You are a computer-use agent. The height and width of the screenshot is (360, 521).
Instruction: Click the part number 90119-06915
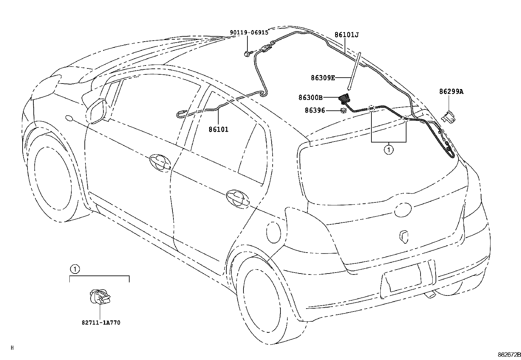pyautogui.click(x=249, y=32)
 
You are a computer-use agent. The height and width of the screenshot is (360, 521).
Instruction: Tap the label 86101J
pyautogui.click(x=347, y=35)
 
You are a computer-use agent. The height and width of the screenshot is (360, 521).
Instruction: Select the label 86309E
pyautogui.click(x=323, y=78)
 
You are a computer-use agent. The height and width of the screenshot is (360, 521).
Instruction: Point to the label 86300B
pyautogui.click(x=311, y=97)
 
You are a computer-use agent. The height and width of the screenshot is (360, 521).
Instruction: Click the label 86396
pyautogui.click(x=315, y=110)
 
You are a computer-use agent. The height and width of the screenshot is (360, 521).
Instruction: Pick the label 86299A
pyautogui.click(x=451, y=91)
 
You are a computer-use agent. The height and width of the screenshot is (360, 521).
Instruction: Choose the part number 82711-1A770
pyautogui.click(x=101, y=323)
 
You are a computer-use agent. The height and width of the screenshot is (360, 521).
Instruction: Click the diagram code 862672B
pyautogui.click(x=509, y=355)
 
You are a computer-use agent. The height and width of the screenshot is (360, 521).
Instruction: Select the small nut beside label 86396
pyautogui.click(x=343, y=111)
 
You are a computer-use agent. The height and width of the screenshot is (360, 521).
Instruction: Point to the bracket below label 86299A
pyautogui.click(x=448, y=118)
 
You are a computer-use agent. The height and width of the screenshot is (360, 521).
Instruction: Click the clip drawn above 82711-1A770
pyautogui.click(x=100, y=297)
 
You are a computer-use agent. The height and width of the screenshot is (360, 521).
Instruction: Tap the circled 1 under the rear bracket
pyautogui.click(x=389, y=150)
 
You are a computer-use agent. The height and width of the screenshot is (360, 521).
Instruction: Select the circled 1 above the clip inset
pyautogui.click(x=75, y=269)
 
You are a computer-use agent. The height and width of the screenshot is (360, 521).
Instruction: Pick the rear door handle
pyautogui.click(x=238, y=199)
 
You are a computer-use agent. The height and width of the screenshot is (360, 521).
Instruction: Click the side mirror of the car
pyautogui.click(x=96, y=111)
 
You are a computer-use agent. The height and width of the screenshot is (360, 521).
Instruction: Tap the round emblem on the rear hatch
pyautogui.click(x=403, y=209)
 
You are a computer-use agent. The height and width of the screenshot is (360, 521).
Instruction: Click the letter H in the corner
pyautogui.click(x=12, y=348)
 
